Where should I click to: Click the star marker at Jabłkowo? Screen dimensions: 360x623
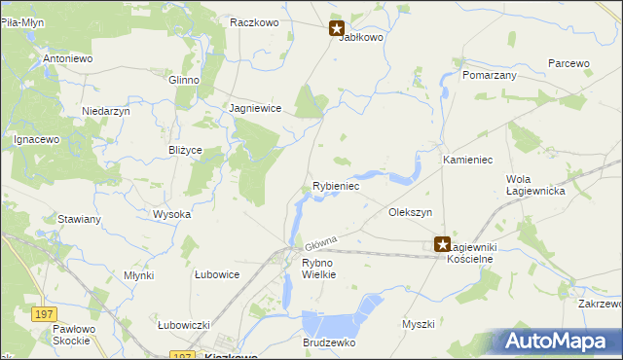tap(337, 29)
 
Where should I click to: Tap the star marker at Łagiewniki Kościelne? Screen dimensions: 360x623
tap(443, 246)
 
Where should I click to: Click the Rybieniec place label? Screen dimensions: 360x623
tap(336, 185)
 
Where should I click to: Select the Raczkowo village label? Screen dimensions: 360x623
tap(255, 21)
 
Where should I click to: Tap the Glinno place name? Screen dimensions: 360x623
tap(184, 80)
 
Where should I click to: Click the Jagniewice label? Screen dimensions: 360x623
tap(255, 109)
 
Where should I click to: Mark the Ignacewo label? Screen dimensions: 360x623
tap(37, 140)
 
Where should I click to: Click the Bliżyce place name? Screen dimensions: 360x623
tap(185, 151)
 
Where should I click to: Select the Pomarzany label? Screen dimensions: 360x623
tap(489, 75)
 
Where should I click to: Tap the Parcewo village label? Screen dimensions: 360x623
tap(568, 63)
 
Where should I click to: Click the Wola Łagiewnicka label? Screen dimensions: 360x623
tap(536, 185)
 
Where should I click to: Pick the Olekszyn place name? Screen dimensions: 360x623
tap(410, 211)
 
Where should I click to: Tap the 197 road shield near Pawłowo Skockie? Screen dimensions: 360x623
tap(43, 313)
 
